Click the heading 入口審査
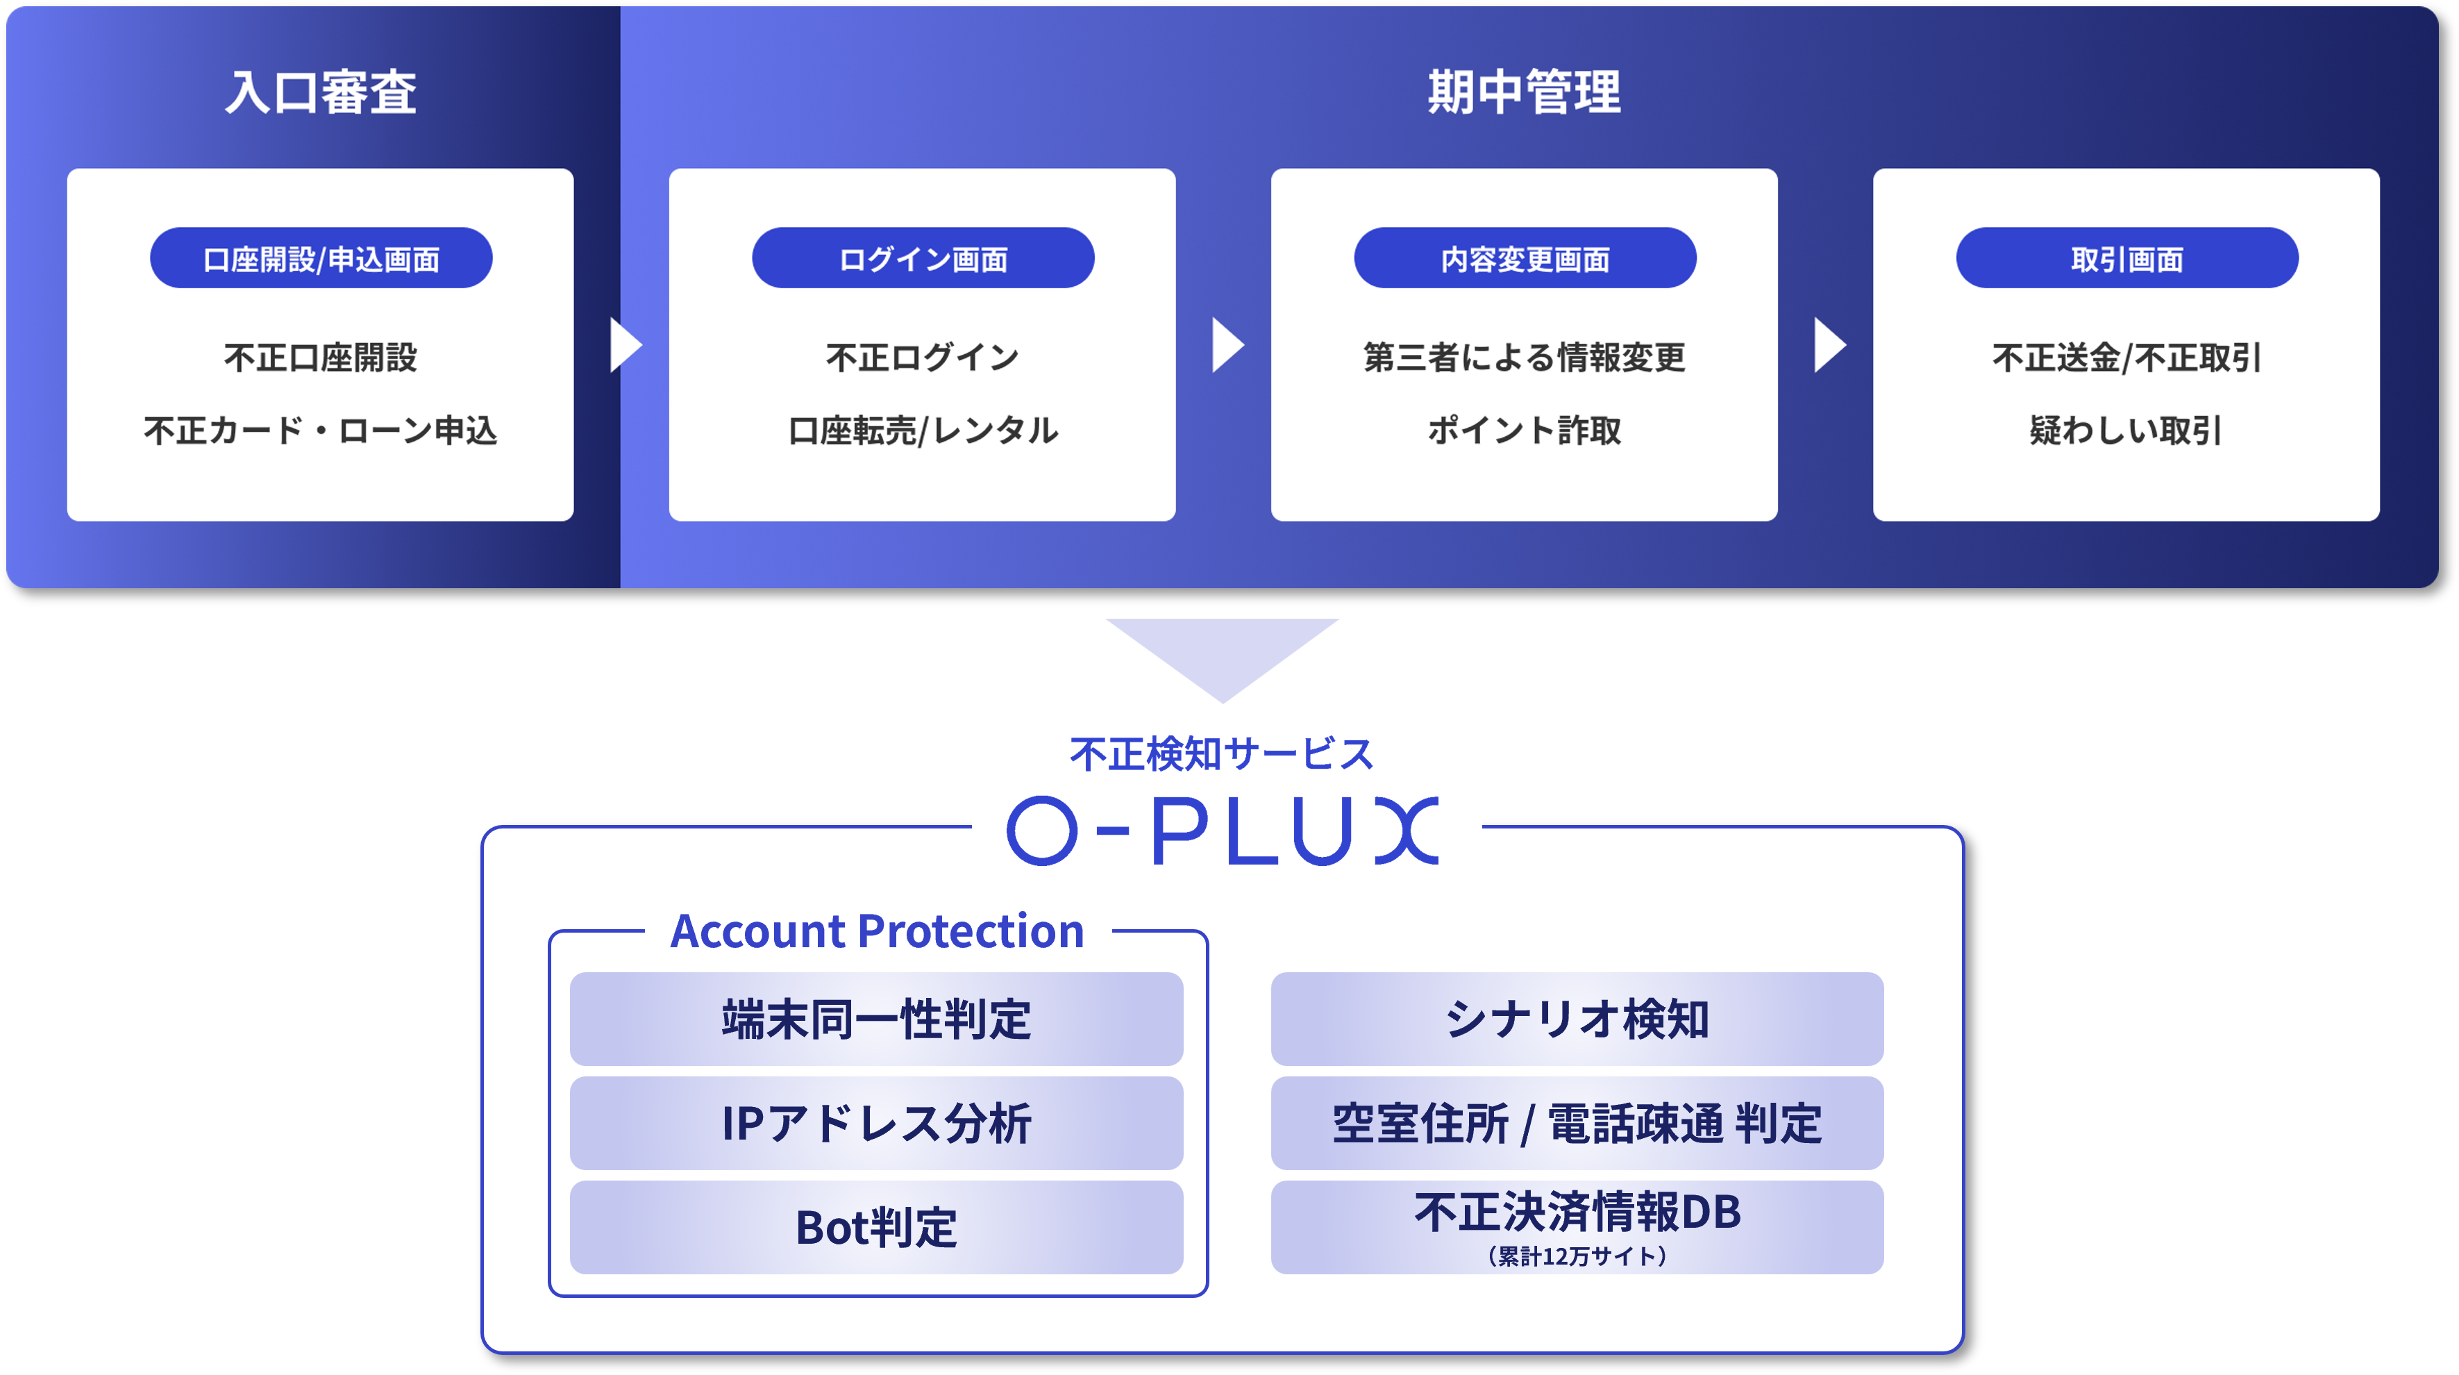coord(321,92)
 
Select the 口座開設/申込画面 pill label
coord(321,259)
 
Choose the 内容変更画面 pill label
coord(1525,259)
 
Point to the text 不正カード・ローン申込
coord(321,431)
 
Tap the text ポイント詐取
coord(1525,431)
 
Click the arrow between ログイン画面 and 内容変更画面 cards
coord(1227,344)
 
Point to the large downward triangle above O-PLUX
coord(1223,654)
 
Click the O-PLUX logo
coord(1223,831)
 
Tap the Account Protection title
coord(878,931)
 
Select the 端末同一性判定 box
coord(876,1019)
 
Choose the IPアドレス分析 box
coord(876,1123)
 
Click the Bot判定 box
coord(876,1227)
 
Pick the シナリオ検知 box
coord(1577,1019)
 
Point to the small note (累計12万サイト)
coord(1577,1256)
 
